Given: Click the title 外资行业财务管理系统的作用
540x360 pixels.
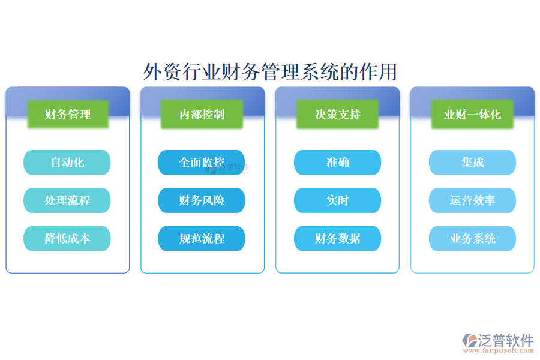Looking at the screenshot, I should pos(270,71).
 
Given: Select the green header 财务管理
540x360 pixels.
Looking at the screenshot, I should pos(68,114).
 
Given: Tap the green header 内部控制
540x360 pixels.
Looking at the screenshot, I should pos(202,114).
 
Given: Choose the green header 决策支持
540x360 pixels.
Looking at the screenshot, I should pos(338,114).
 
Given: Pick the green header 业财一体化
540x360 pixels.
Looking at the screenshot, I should pos(472,114).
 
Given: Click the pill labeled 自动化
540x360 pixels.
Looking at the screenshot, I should pos(67,163).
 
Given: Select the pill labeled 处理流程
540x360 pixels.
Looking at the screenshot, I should pos(67,200).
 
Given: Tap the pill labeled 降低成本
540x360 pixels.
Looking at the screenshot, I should pos(67,238).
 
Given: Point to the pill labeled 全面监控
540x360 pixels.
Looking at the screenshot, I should pos(202,163).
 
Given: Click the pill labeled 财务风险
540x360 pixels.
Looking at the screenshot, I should pos(202,200).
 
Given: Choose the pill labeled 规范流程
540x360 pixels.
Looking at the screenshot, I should pos(202,238).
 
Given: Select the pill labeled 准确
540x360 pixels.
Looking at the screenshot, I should pos(337,163).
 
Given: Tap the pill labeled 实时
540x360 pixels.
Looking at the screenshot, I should pos(337,200).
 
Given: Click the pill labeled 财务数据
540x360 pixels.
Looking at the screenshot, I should pos(337,238).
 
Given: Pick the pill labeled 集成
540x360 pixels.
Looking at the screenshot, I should pos(472,163).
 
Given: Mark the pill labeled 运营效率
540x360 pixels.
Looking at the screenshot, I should pos(472,200).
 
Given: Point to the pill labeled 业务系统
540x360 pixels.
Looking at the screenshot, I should pos(472,238).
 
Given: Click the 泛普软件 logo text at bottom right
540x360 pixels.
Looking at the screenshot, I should pos(506,340).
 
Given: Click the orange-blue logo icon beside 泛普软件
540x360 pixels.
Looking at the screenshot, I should pos(470,341).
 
